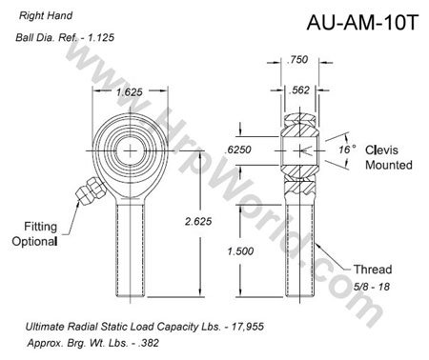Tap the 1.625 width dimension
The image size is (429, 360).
coord(131,93)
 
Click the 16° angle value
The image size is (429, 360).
coord(346,150)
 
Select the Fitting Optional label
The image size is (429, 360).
coord(34,234)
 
